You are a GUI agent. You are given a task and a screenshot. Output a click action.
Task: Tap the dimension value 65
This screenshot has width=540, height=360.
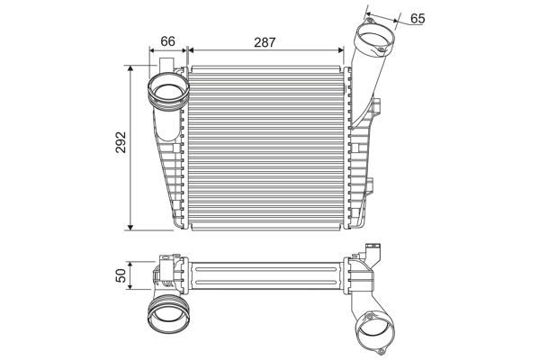click(x=418, y=17)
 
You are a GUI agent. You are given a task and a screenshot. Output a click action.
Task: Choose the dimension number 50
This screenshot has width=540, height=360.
click(x=121, y=276)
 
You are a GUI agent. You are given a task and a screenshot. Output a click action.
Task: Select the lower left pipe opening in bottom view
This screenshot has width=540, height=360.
click(x=168, y=315)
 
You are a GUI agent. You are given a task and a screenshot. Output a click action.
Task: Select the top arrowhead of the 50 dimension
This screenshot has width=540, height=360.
click(x=133, y=265)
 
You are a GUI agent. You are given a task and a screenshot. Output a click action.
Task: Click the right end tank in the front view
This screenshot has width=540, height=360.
click(x=360, y=153)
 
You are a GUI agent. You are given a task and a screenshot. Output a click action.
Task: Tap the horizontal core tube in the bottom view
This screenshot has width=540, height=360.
click(x=265, y=276)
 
